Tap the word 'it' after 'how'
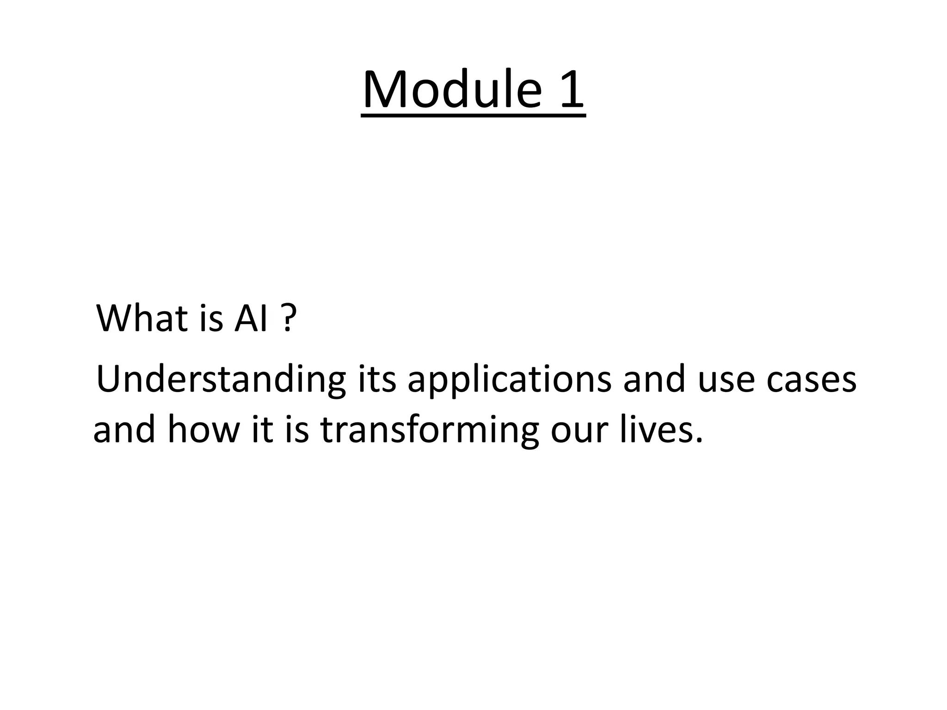(261, 429)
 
